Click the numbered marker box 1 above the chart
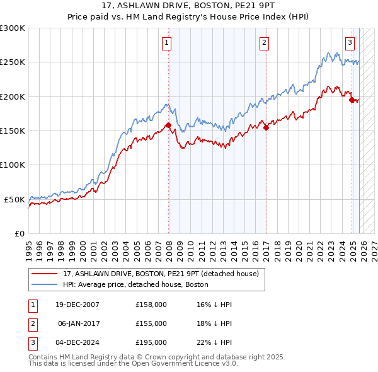click(x=167, y=43)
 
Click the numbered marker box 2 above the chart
click(x=264, y=43)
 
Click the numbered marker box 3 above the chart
click(x=350, y=43)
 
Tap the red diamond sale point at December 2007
click(x=168, y=125)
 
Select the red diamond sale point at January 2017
click(x=266, y=127)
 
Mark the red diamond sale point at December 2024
click(x=352, y=100)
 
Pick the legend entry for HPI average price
click(x=135, y=284)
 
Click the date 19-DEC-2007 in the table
click(x=77, y=305)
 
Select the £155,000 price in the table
click(x=151, y=323)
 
